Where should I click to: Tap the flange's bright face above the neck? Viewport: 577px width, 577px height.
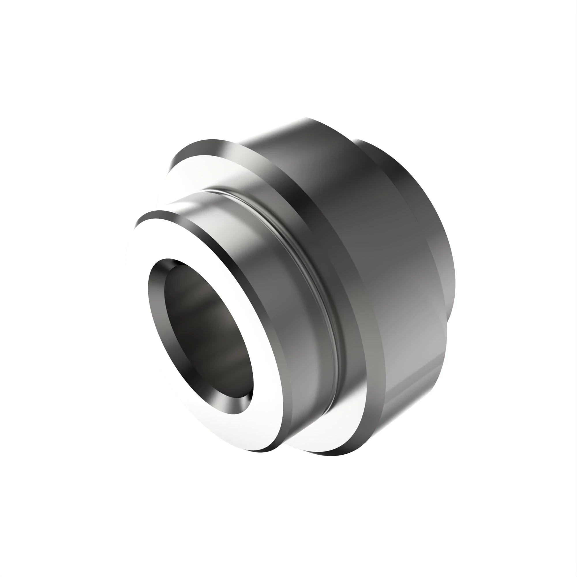[191, 176]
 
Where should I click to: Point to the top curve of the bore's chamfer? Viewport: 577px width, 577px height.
[170, 263]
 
